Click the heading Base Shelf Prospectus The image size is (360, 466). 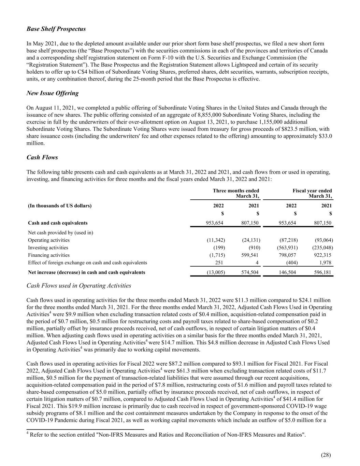coord(56,29)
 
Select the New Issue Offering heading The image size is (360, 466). coord(52,93)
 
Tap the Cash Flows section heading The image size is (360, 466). coord(42,157)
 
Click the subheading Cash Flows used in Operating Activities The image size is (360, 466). coord(78,286)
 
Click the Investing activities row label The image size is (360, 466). coord(48,248)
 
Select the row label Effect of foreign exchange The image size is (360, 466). coord(87,263)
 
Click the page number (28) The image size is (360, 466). coord(326,455)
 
